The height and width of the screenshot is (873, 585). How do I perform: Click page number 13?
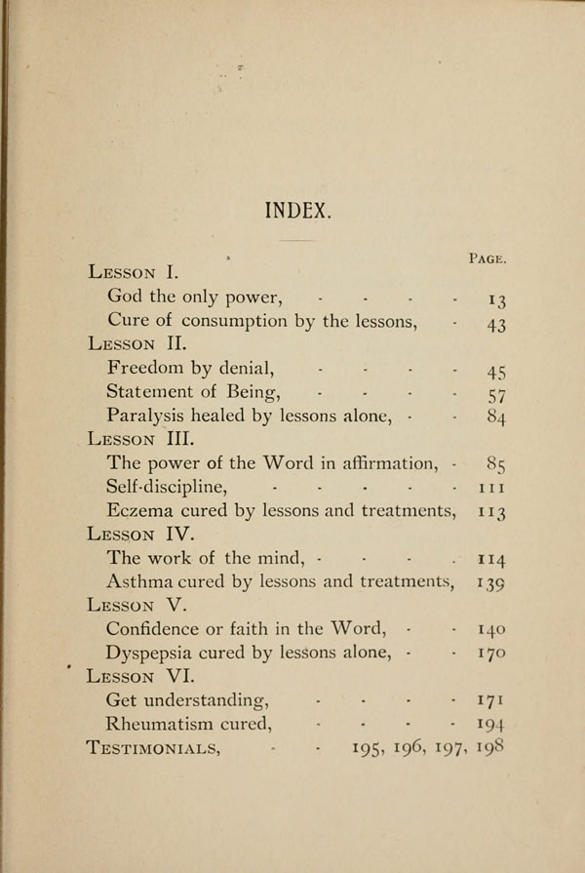(x=496, y=298)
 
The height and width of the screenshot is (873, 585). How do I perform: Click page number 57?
(x=496, y=394)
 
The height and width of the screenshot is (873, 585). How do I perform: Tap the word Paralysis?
(x=148, y=416)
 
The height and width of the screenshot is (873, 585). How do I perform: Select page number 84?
(x=496, y=417)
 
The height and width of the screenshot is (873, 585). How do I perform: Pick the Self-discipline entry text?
(x=167, y=486)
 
